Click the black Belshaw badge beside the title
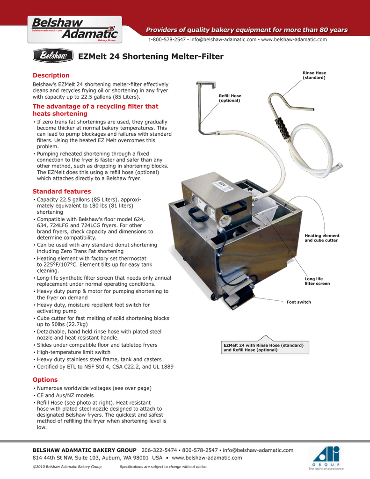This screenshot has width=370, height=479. (53, 57)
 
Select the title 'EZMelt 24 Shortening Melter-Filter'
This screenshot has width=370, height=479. (151, 57)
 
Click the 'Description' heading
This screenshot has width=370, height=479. (51, 75)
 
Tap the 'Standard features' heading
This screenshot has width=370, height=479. (62, 191)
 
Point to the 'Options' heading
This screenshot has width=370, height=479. (45, 380)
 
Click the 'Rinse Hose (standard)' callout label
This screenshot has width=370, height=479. (314, 75)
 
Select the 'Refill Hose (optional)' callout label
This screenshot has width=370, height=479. (230, 98)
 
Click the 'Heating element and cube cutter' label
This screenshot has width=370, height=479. (322, 238)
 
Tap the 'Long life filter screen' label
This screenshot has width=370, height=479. (317, 281)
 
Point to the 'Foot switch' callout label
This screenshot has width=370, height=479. (298, 302)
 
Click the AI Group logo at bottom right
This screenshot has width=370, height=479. (326, 458)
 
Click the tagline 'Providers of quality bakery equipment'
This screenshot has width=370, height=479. (247, 30)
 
